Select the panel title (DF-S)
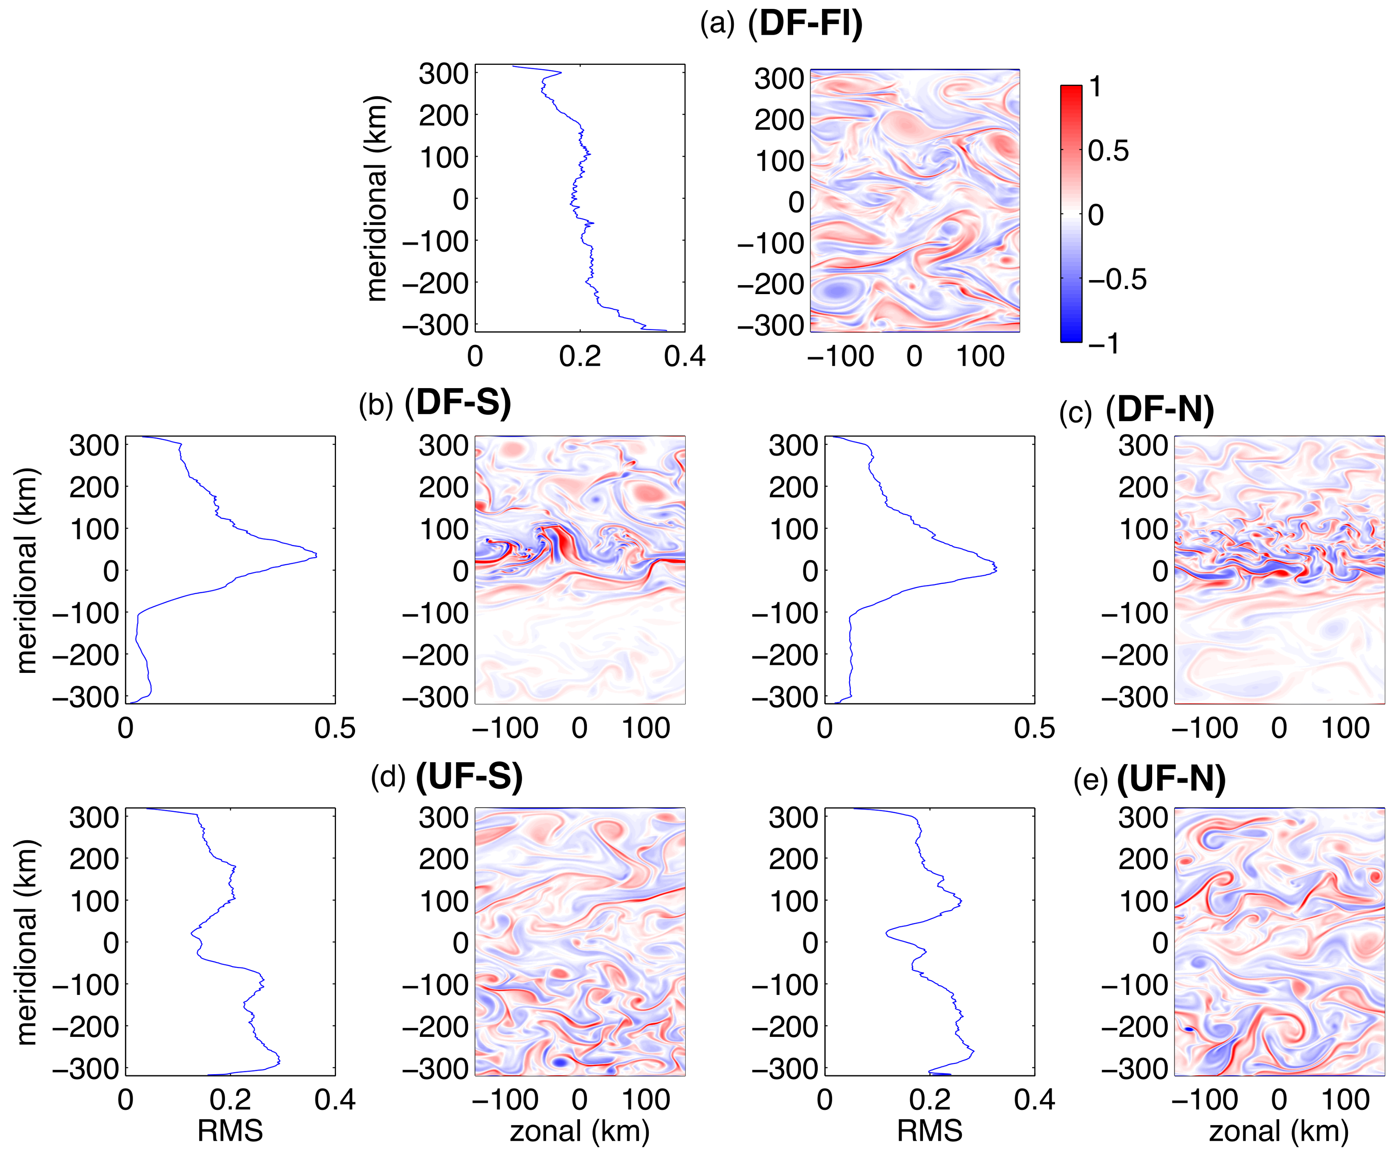pyautogui.click(x=458, y=403)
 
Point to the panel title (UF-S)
pyautogui.click(x=469, y=776)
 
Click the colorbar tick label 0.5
pyautogui.click(x=1108, y=151)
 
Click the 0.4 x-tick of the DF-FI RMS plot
pyautogui.click(x=684, y=357)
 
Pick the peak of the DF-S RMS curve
pyautogui.click(x=316, y=555)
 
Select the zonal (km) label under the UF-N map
pyautogui.click(x=1278, y=1131)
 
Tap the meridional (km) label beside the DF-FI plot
pyautogui.click(x=377, y=198)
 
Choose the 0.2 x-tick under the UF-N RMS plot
pyautogui.click(x=929, y=1100)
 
